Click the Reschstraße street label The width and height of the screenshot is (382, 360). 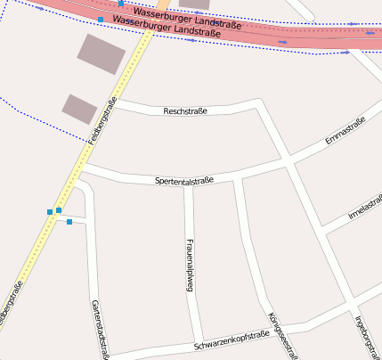click(x=186, y=111)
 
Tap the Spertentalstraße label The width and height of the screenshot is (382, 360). click(x=184, y=181)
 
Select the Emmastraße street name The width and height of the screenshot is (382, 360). click(x=345, y=131)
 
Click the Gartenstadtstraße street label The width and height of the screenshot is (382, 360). click(x=99, y=329)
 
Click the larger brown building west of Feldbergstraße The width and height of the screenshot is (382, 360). click(x=102, y=53)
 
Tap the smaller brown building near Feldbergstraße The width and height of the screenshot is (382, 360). click(x=79, y=109)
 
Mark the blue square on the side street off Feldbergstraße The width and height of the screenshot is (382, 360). click(x=69, y=222)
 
